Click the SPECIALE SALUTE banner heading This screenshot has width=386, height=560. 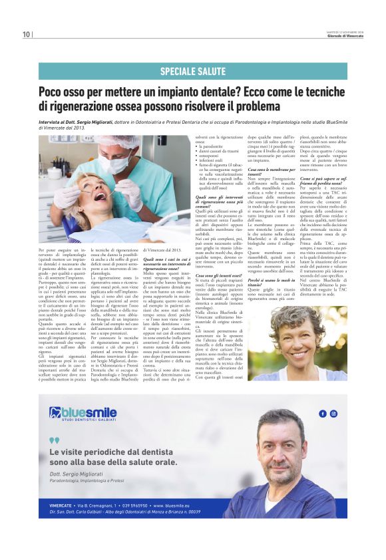192,71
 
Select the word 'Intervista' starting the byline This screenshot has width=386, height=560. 51,122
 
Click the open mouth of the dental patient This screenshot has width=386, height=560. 99,196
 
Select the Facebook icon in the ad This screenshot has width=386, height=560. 323,413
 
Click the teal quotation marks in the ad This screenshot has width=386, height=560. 54,440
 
